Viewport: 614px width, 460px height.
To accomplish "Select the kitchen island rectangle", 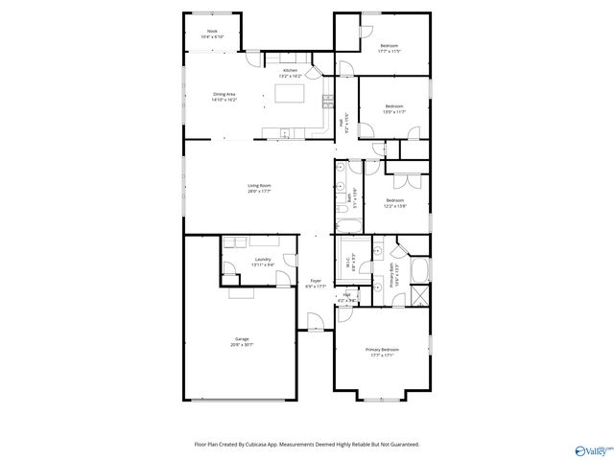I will (x=290, y=94).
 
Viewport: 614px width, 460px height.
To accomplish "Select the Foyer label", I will (x=315, y=283).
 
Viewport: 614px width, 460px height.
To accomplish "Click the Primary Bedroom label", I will (x=382, y=352).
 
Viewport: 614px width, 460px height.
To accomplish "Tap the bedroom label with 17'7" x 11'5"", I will (x=390, y=48).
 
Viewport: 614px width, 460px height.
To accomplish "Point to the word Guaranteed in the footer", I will (x=400, y=444).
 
